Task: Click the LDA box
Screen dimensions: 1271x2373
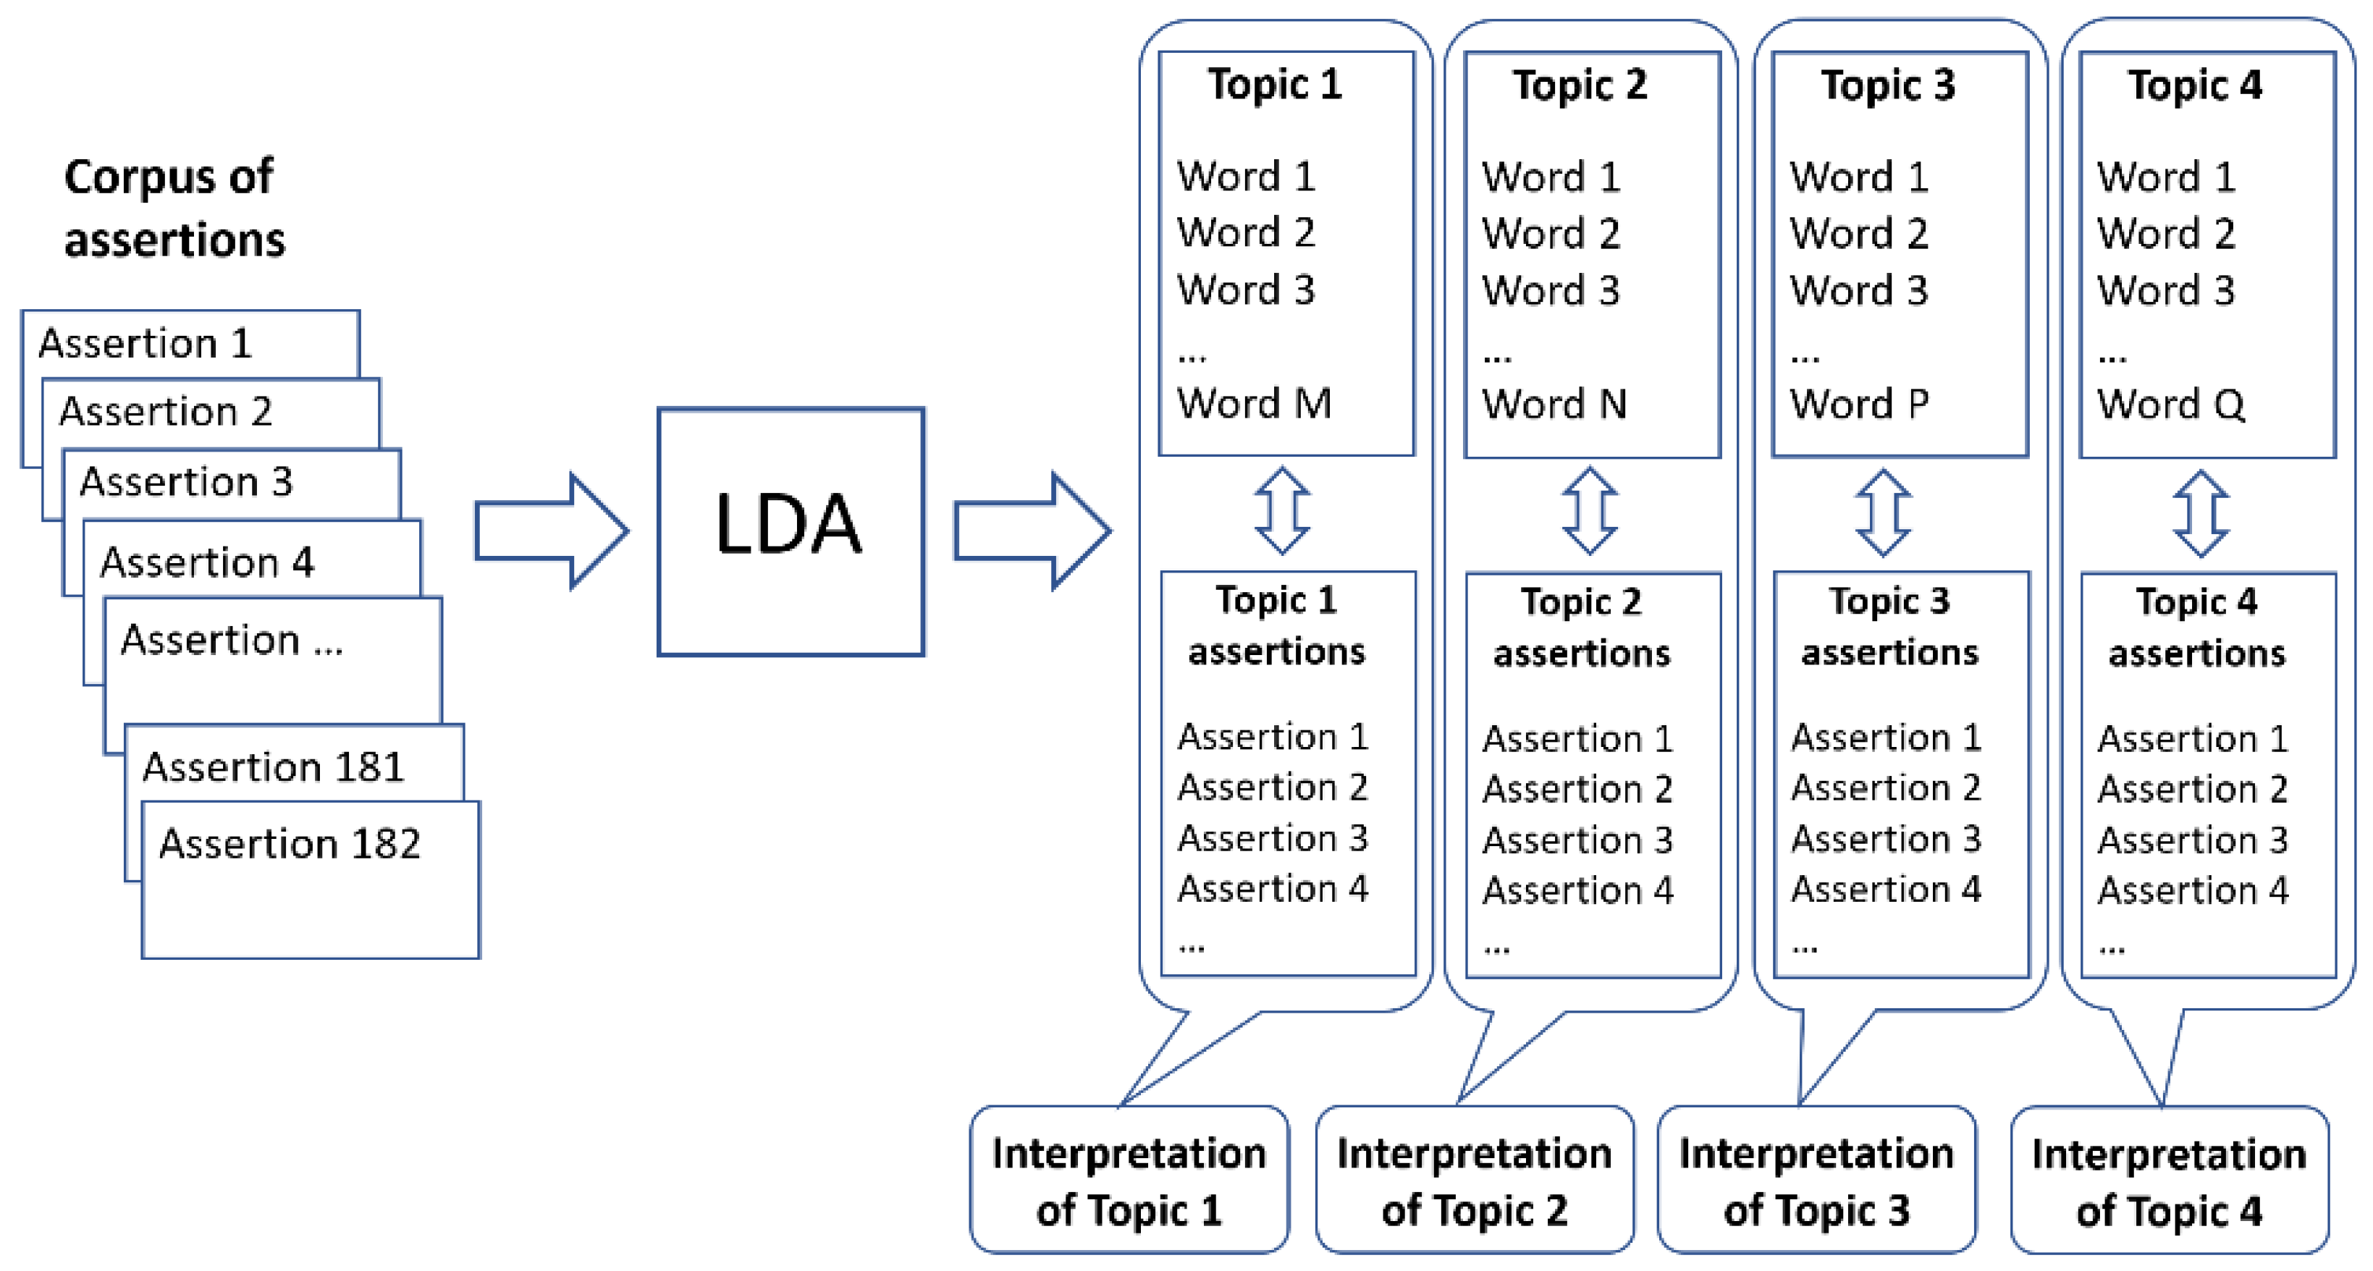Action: coord(791,531)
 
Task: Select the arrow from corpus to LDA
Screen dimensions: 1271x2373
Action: coord(551,531)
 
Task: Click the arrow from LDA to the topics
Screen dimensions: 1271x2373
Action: coord(1031,531)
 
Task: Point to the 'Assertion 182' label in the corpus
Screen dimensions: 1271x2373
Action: coord(290,844)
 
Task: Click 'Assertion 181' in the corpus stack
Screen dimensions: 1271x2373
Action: coord(273,767)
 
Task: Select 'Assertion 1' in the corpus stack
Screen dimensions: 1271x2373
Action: coord(145,344)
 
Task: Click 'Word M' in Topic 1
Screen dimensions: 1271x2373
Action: coord(1254,403)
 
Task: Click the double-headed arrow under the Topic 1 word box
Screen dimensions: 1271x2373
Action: coord(1281,511)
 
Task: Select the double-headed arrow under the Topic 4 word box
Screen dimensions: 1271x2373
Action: coord(2201,514)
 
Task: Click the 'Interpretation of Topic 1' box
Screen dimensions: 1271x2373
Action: coord(1129,1181)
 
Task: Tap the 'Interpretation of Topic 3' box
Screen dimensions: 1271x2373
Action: coord(1816,1181)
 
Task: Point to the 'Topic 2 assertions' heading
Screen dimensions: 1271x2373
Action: coord(1581,628)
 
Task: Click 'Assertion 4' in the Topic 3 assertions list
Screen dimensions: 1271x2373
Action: coord(1886,890)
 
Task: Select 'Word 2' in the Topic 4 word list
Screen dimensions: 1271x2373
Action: coord(2166,234)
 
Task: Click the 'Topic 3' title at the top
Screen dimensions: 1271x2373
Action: coord(1887,85)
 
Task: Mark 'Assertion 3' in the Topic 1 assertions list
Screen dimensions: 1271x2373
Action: coord(1272,839)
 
